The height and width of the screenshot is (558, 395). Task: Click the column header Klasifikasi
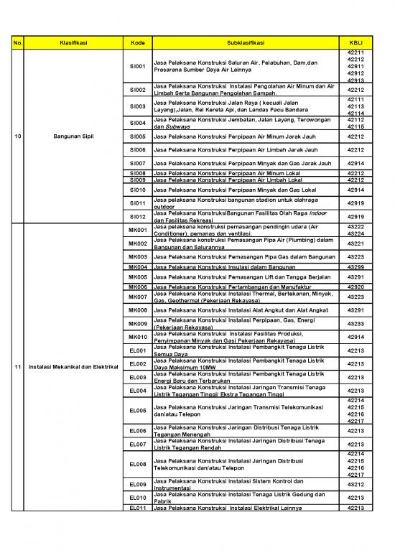[x=73, y=43]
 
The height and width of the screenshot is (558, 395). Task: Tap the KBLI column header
[x=355, y=43]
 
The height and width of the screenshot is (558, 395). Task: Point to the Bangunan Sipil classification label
[x=73, y=136]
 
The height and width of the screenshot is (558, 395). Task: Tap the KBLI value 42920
[x=355, y=287]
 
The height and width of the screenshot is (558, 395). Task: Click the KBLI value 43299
[x=355, y=266]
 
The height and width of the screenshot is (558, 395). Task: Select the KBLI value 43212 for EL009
[x=355, y=484]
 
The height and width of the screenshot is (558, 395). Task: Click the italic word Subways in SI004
[x=167, y=126]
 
